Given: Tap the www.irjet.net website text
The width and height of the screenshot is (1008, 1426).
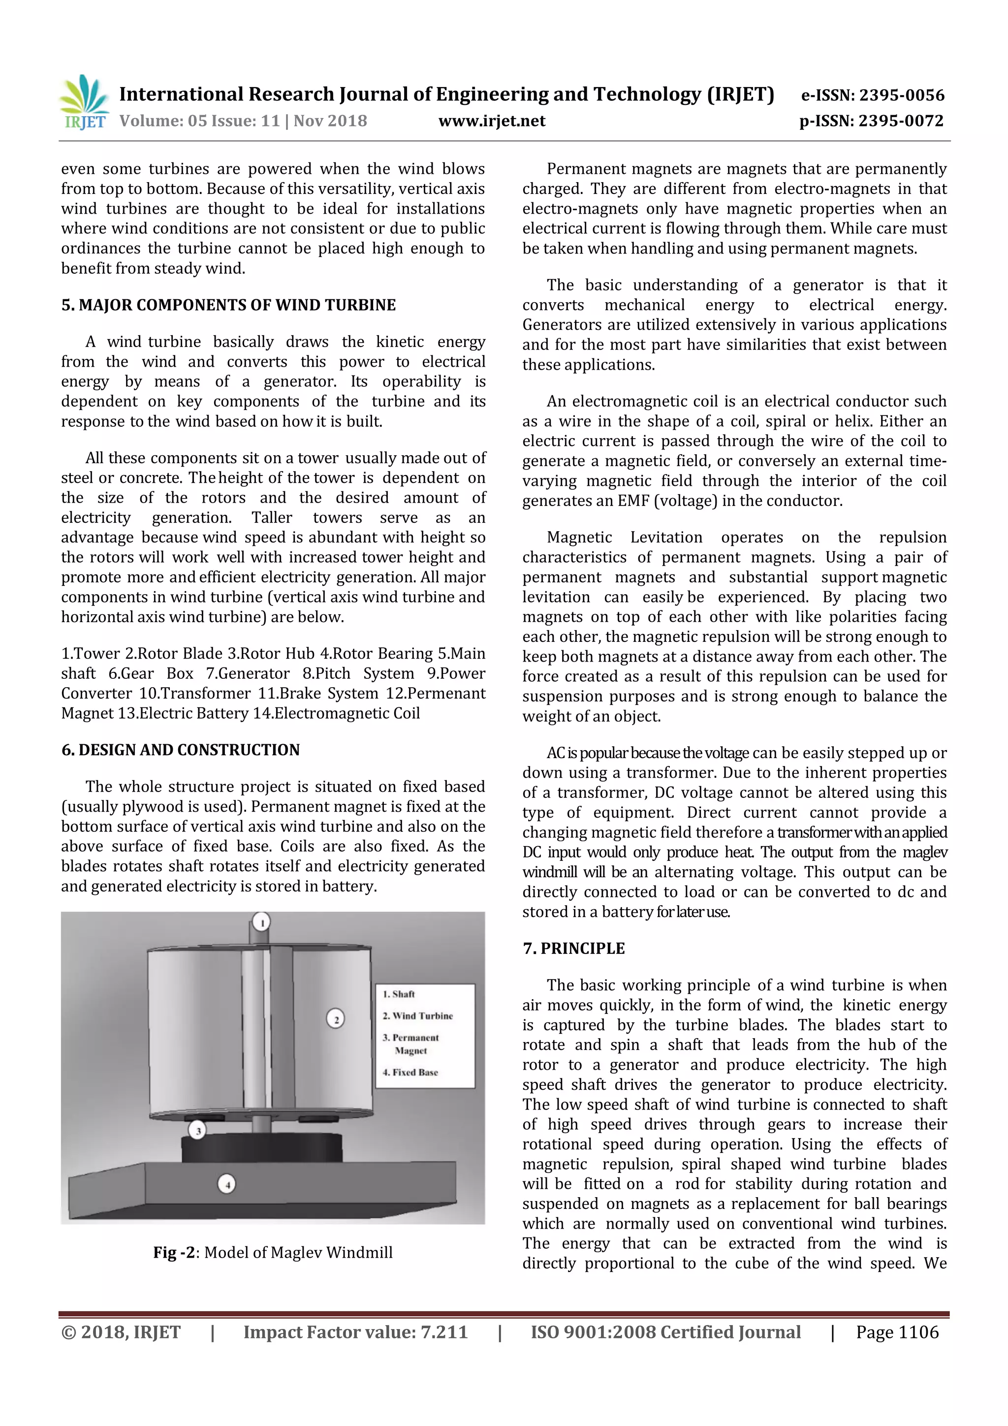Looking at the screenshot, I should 491,121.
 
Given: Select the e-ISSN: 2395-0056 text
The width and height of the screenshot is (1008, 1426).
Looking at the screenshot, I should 872,95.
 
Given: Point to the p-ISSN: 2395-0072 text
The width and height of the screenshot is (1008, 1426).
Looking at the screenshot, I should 871,121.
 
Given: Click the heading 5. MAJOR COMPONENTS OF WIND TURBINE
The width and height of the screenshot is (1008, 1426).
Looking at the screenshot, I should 228,305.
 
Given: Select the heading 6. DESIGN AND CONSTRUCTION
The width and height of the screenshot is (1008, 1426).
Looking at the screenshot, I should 180,750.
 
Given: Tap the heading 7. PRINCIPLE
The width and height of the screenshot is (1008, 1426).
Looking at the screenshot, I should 573,949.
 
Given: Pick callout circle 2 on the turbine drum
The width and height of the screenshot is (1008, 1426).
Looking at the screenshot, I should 335,1018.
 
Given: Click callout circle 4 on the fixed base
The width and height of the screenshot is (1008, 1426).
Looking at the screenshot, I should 227,1184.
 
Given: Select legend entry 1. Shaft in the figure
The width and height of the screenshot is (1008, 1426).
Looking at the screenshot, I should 399,994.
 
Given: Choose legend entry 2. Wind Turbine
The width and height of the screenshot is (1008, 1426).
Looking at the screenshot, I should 417,1015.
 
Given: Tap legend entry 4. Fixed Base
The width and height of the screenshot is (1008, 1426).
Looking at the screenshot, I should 410,1072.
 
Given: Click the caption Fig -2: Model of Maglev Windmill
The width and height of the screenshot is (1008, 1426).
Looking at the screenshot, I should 273,1252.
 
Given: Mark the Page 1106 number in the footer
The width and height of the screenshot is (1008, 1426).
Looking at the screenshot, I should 897,1332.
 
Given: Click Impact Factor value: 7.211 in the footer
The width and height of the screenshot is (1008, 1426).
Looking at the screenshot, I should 355,1332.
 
